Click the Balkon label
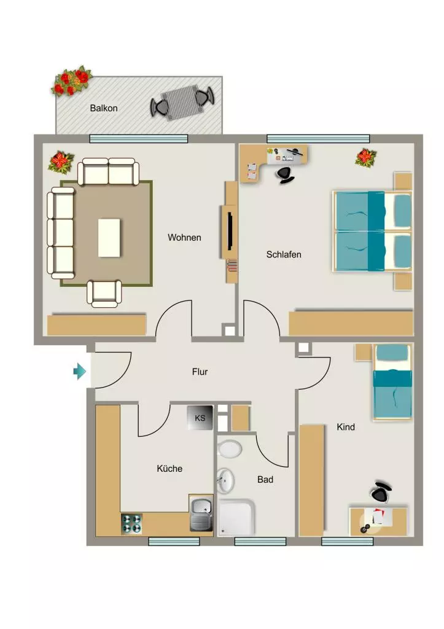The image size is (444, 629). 104,108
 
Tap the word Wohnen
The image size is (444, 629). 184,238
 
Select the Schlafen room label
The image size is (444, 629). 284,254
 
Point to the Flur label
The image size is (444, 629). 200,372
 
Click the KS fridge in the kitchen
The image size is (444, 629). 200,418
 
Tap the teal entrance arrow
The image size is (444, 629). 79,371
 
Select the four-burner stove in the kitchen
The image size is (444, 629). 131,524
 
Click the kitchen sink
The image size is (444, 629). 201,513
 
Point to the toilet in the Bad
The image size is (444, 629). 229,449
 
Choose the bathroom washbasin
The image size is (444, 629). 225,480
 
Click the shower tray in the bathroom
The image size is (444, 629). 236,517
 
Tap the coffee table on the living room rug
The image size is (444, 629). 109,238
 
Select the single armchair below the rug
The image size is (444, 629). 104,294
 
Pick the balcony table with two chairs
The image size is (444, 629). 182,103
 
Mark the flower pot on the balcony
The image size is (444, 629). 71,80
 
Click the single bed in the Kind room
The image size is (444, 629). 392,382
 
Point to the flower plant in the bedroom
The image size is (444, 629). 365,157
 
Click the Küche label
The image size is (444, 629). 169,469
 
